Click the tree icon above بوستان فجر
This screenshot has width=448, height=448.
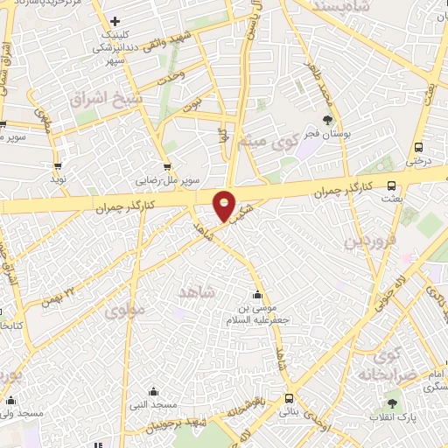(328, 121)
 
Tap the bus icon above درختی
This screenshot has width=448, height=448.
(418, 147)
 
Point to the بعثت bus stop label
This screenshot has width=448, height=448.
(389, 200)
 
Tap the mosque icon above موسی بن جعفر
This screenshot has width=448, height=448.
(256, 294)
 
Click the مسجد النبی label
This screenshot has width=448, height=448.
(153, 405)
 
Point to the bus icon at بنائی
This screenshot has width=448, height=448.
(289, 398)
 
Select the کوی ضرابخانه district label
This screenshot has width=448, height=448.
(381, 366)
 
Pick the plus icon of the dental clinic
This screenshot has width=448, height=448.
(115, 20)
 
